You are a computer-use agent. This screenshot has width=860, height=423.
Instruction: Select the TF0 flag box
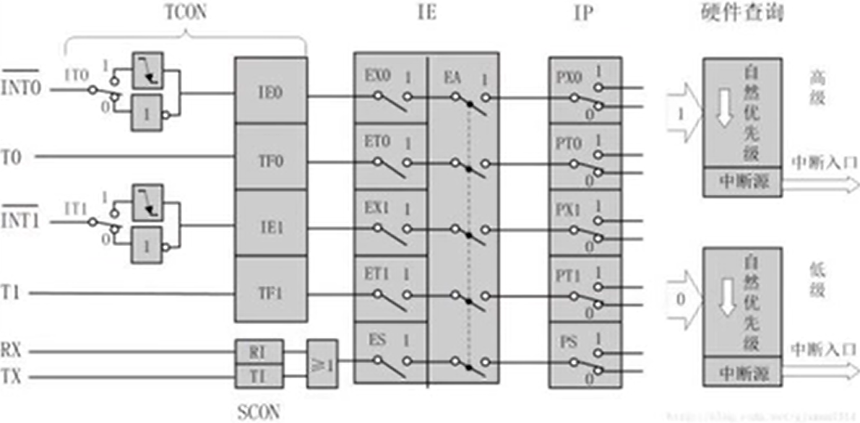271,158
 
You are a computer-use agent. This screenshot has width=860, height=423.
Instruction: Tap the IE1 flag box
271,224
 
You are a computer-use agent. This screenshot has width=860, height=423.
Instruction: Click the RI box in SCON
259,352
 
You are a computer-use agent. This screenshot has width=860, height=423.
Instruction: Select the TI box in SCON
259,376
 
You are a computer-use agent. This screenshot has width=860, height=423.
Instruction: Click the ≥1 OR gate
322,363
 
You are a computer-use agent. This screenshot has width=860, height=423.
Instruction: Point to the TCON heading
185,13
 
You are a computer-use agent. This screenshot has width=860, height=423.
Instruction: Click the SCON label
258,412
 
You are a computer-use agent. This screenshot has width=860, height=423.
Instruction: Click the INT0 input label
21,89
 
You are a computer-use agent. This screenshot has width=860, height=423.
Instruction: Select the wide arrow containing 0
683,297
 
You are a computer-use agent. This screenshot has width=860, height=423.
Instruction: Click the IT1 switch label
77,209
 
